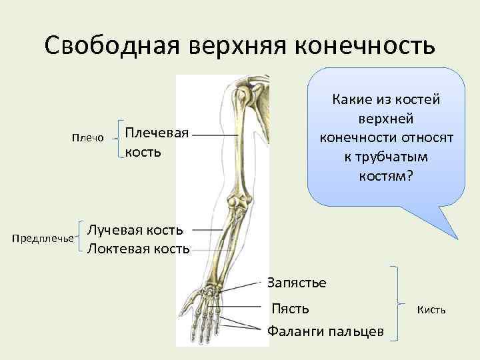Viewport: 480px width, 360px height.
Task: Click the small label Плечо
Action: (x=87, y=138)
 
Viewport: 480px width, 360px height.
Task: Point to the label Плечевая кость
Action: (x=157, y=142)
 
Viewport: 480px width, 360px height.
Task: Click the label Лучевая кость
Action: (x=135, y=230)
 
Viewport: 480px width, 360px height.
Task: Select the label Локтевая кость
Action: (x=139, y=249)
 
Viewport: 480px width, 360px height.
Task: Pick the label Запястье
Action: (x=297, y=282)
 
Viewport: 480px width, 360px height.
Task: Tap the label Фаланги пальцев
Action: (x=325, y=331)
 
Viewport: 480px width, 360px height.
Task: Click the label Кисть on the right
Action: (x=431, y=309)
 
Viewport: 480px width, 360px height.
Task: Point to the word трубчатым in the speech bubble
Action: (x=382, y=157)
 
